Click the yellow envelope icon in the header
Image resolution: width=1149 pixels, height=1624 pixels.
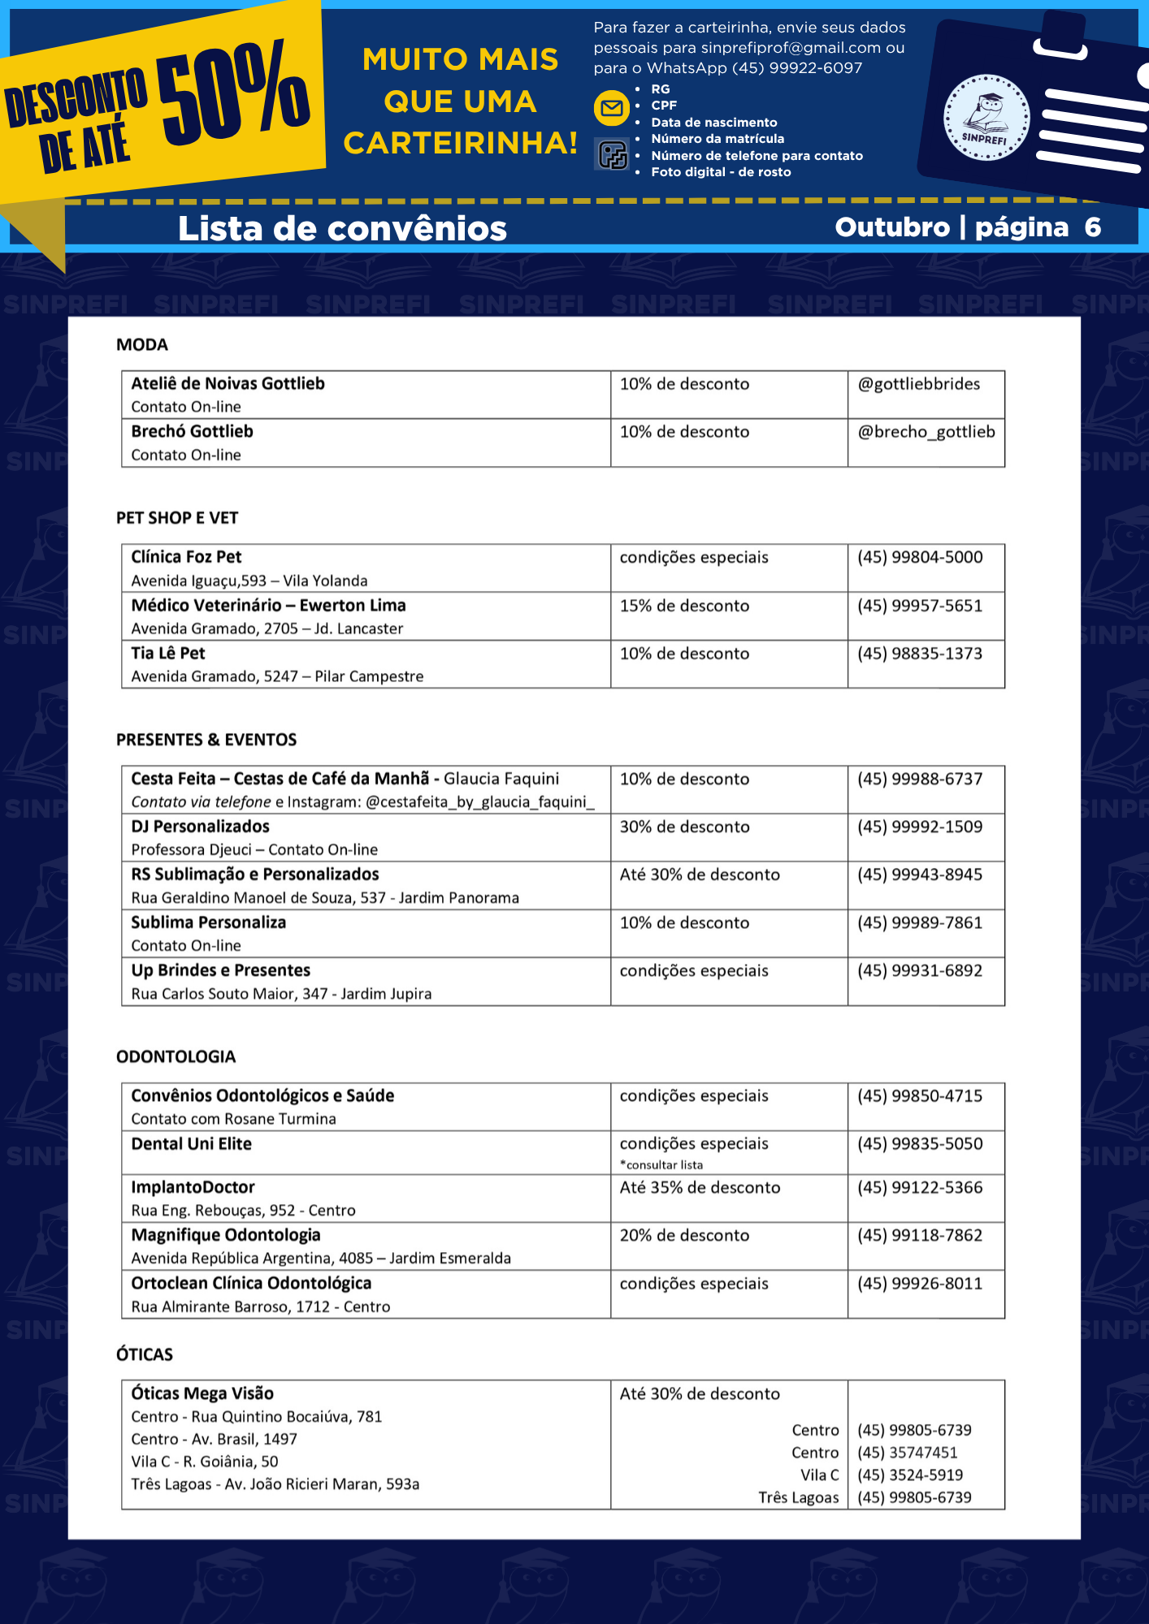pos(611,108)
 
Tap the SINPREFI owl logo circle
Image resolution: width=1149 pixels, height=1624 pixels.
pos(986,118)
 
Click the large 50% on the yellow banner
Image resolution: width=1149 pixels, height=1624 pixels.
pos(233,93)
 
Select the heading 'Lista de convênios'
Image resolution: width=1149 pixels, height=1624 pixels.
pos(342,228)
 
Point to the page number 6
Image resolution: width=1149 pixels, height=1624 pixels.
pos(1092,227)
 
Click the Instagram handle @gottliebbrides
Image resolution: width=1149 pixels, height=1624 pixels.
pos(918,384)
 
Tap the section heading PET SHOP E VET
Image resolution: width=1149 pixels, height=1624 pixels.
pos(177,518)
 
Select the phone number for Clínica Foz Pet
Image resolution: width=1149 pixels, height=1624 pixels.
pos(919,557)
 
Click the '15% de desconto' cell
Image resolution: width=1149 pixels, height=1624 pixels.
pos(684,606)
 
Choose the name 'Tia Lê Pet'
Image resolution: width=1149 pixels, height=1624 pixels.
pos(168,654)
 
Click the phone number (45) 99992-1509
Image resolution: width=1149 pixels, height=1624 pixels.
pos(919,827)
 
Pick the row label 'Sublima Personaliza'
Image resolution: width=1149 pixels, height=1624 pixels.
pos(209,922)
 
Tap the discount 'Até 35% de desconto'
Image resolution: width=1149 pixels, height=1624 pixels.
pos(700,1187)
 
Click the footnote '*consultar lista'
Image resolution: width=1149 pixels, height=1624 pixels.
pos(661,1164)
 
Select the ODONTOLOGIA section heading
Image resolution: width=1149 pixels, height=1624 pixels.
pos(176,1056)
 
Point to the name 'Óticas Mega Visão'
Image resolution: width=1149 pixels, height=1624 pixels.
pos(202,1393)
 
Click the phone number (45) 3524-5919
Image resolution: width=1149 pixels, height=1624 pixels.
pos(909,1475)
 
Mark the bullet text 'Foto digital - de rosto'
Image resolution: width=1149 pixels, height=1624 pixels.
pos(721,172)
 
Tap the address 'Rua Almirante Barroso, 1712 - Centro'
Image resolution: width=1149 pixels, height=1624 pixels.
pos(261,1307)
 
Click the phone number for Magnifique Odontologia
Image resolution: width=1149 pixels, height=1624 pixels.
pos(919,1235)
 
